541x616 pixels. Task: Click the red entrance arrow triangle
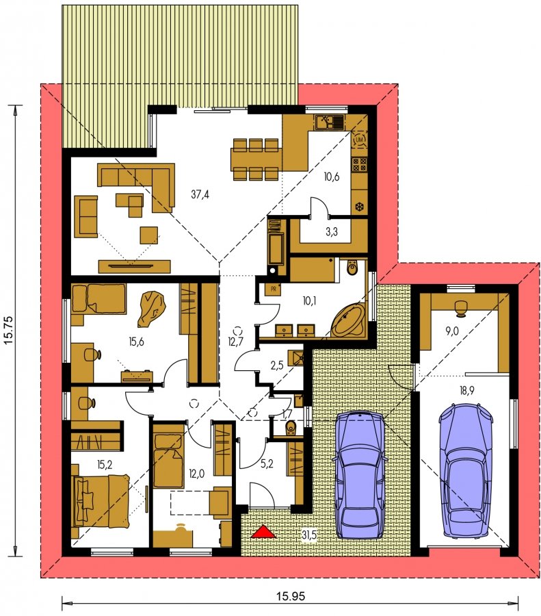coord(263,532)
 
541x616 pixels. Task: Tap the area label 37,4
coord(200,194)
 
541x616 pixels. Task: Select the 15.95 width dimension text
coord(291,597)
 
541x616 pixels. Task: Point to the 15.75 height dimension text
coord(9,331)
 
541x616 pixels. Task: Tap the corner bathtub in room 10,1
coord(348,320)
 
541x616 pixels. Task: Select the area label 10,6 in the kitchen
coord(332,177)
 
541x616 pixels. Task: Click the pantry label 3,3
coord(332,232)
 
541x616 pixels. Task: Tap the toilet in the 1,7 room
coord(291,427)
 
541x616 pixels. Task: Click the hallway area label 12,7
coord(235,342)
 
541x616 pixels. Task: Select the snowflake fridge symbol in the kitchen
coord(359,207)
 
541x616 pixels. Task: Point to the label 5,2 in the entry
coord(267,463)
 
